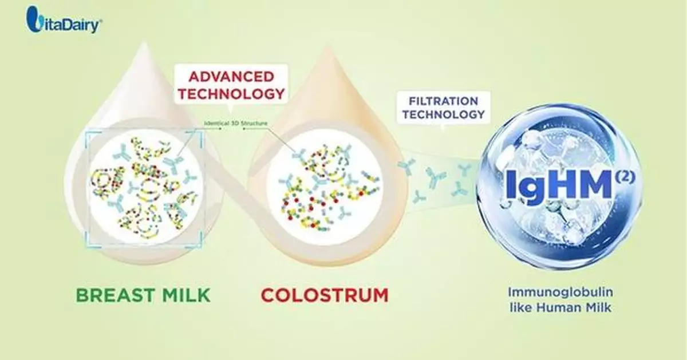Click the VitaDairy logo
tap(65, 22)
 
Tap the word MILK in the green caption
tap(182, 295)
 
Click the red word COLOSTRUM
tap(325, 295)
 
